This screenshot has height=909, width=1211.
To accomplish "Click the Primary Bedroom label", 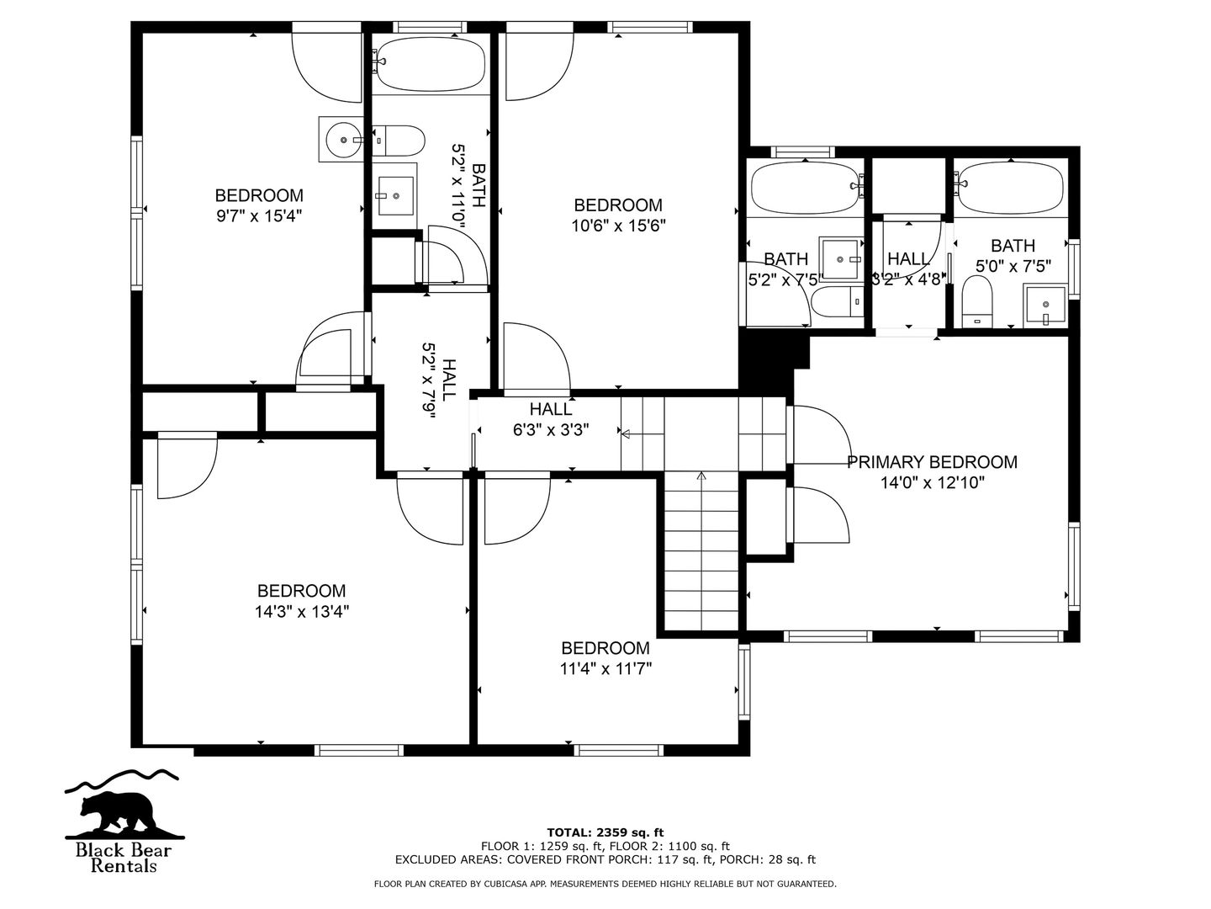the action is (932, 462).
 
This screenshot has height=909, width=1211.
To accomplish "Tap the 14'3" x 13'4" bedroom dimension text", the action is (302, 612).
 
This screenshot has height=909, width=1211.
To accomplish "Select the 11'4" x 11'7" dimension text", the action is (605, 668).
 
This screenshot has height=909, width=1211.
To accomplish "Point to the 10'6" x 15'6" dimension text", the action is (618, 226).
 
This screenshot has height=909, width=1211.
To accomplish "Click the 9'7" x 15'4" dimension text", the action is (259, 215).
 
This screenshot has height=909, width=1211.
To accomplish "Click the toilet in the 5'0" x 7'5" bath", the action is (976, 300).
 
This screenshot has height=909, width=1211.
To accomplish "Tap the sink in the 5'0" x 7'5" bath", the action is (1045, 306).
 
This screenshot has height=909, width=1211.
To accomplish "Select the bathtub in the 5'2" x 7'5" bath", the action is (806, 187).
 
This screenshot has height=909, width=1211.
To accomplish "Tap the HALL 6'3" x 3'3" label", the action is (551, 419).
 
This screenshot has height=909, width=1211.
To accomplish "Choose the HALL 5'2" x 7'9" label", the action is (440, 380).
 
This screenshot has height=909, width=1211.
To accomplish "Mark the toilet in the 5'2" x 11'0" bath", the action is (399, 141).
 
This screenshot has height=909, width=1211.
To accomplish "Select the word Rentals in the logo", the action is (124, 866).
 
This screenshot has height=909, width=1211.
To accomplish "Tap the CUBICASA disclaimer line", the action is (605, 884).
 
